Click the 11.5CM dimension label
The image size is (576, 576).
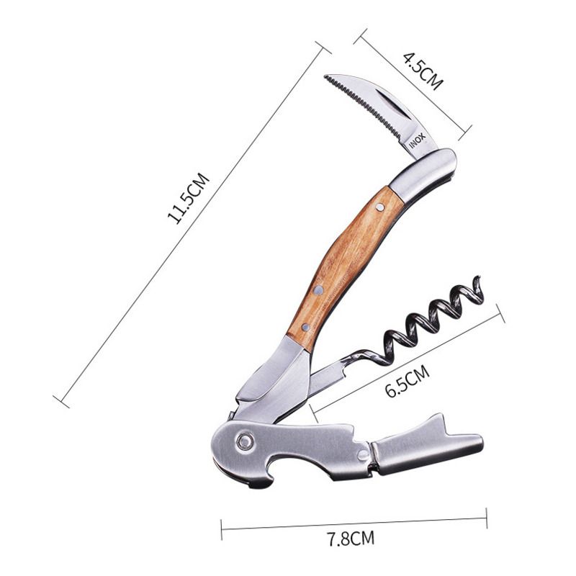(189, 199)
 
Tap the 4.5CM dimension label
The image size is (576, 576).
(423, 71)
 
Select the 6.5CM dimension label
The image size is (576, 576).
(408, 381)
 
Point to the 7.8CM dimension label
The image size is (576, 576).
(351, 539)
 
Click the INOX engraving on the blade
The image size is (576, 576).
(418, 141)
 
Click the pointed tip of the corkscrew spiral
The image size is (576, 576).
(477, 278)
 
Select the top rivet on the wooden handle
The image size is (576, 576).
(380, 208)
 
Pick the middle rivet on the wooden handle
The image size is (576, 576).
(318, 291)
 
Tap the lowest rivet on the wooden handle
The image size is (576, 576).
(305, 326)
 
